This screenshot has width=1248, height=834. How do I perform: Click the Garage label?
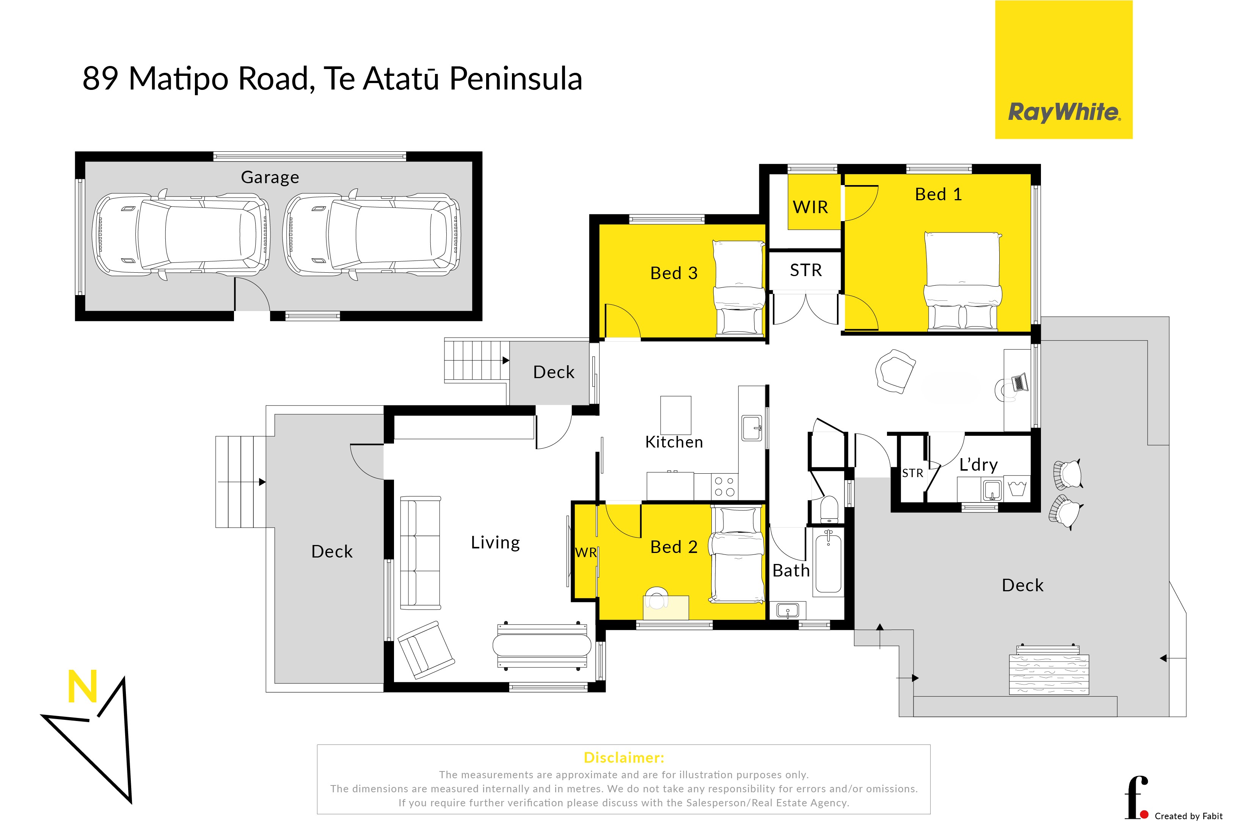[270, 177]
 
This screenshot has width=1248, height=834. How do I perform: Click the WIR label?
[810, 207]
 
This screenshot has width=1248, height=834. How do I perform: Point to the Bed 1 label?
[939, 194]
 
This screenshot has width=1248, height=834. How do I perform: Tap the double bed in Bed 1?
[963, 281]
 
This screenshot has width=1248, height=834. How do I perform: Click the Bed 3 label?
[674, 273]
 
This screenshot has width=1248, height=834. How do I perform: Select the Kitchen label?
[674, 442]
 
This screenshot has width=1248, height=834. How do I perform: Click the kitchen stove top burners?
[724, 487]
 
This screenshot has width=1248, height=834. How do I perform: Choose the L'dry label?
[978, 465]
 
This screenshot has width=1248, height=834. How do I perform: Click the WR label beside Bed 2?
[586, 553]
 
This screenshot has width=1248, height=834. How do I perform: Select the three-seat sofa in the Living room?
[420, 553]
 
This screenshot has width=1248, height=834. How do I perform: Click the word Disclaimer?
[624, 757]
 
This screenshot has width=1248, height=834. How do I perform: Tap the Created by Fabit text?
[1188, 816]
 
